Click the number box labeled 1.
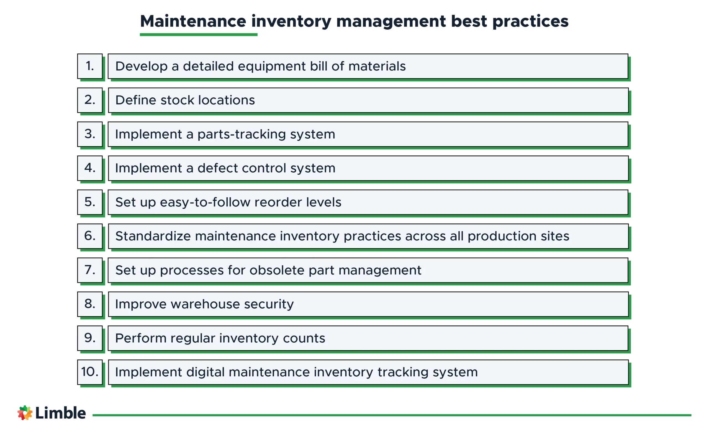90,66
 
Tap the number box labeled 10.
90,372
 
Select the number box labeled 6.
90,236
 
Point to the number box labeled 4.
90,168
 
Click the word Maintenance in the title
193,21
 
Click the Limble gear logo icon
25,413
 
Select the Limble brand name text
60,413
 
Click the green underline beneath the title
199,35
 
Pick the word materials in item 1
377,66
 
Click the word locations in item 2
227,100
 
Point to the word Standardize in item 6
153,236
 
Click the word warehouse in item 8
205,304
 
